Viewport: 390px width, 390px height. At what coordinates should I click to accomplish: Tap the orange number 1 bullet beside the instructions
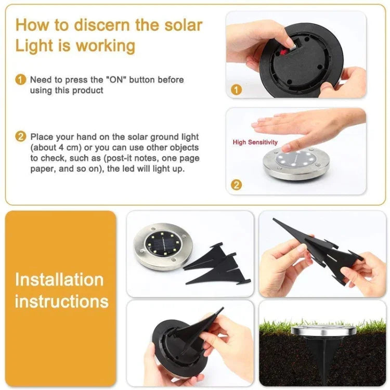(20, 80)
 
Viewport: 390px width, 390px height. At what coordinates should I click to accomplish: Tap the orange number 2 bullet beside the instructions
(20, 137)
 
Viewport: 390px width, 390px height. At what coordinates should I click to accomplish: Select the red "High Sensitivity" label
(255, 142)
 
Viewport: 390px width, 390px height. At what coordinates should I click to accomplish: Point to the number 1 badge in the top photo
(236, 89)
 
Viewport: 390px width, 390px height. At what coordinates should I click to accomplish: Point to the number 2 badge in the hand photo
(236, 184)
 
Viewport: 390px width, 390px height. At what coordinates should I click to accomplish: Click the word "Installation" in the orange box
(59, 279)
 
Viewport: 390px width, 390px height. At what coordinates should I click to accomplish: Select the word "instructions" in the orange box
(61, 301)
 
